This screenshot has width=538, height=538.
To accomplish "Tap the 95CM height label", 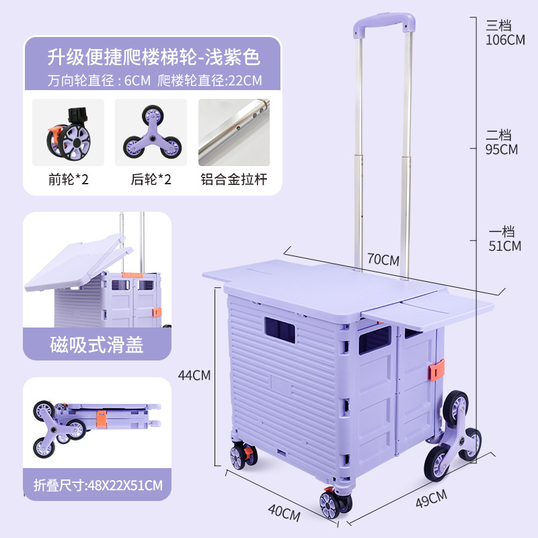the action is tap(501, 149).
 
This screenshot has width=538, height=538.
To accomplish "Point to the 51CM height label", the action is tap(504, 246).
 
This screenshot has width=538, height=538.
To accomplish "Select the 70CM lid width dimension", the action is tap(383, 260).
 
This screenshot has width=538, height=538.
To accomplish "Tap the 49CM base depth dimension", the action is tap(431, 498).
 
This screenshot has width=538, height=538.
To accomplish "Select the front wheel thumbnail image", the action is tap(69, 132).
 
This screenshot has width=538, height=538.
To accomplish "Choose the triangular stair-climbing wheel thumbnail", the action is tap(151, 132).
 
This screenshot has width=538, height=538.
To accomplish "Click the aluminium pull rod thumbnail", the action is tap(233, 132).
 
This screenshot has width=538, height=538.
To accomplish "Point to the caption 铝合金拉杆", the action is tap(233, 180).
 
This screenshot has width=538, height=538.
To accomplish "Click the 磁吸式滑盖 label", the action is tap(97, 344).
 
